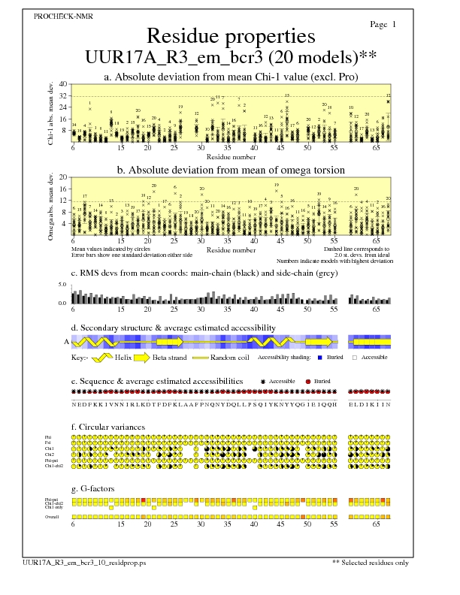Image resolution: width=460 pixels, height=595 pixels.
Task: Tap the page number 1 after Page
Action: [394, 25]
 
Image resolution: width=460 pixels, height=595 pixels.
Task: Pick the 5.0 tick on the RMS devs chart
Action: [63, 285]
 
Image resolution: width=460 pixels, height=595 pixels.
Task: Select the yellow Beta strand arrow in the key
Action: [143, 358]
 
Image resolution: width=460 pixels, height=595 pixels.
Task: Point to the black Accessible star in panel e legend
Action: [262, 382]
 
